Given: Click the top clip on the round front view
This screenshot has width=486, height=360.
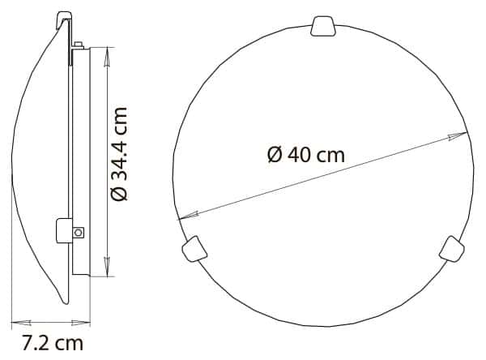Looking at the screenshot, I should click(323, 26).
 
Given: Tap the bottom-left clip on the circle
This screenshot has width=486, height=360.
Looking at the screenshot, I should click(194, 247).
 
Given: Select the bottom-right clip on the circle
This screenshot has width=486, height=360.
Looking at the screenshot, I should click(450, 247).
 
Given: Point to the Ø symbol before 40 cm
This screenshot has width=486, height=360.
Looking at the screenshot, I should click(274, 155).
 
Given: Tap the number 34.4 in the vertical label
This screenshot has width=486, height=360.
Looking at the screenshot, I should click(119, 140).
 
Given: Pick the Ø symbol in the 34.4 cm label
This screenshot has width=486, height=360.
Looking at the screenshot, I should click(119, 193).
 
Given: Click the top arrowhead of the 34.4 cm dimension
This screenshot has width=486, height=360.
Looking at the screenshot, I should click(106, 54).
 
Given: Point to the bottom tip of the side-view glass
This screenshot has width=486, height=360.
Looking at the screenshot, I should click(65, 302).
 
